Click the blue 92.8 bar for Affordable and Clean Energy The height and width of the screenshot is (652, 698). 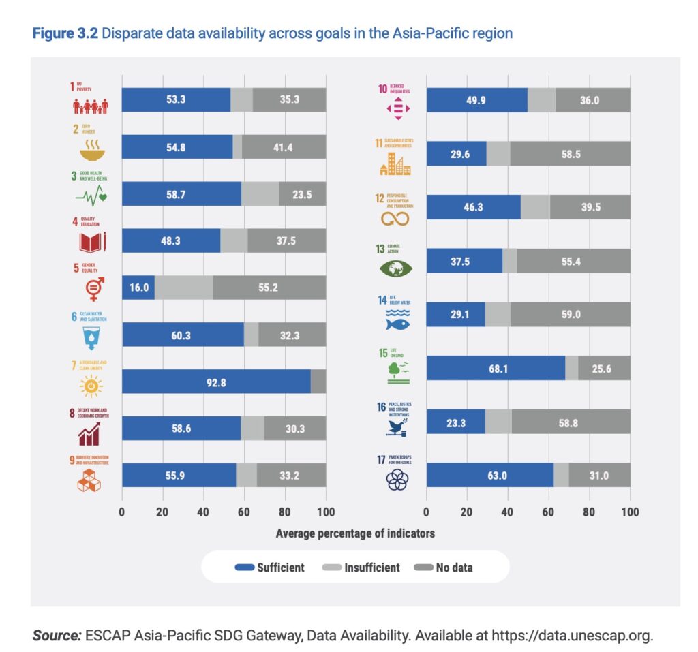coord(216,382)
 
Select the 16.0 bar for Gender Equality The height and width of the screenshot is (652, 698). coord(138,288)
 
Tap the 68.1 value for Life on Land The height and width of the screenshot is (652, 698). coord(496,368)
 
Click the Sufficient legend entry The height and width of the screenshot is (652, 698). coord(270,567)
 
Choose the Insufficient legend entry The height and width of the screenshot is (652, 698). coord(361,567)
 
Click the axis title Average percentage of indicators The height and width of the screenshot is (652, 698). coord(355,533)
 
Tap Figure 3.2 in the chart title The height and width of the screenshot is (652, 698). coord(65,33)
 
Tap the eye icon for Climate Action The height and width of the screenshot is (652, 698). coord(397,269)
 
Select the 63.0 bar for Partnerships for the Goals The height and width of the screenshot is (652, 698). coord(489,475)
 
